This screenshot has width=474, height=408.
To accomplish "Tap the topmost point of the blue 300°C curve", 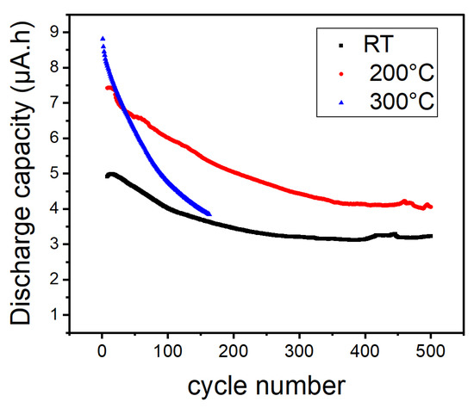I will (103, 39).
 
